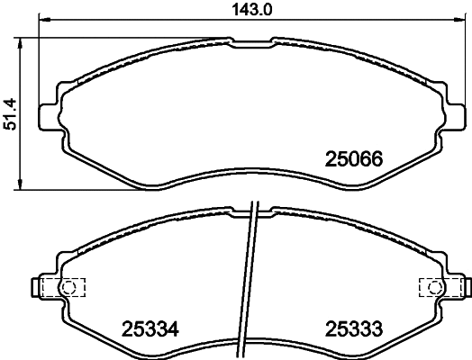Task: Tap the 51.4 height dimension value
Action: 12,113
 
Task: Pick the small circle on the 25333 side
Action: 435,288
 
